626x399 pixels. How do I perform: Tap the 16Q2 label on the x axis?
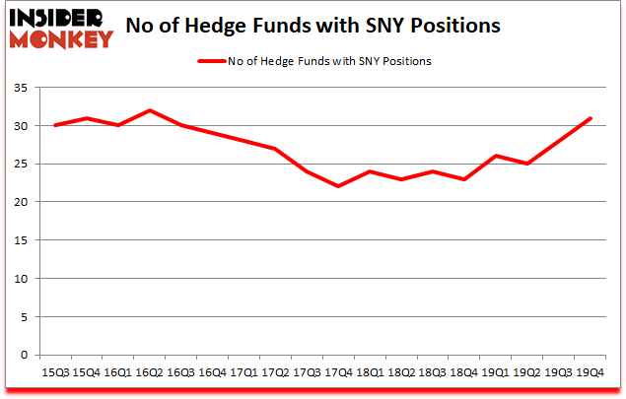[x=150, y=372]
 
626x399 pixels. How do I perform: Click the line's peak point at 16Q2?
[x=150, y=110]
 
